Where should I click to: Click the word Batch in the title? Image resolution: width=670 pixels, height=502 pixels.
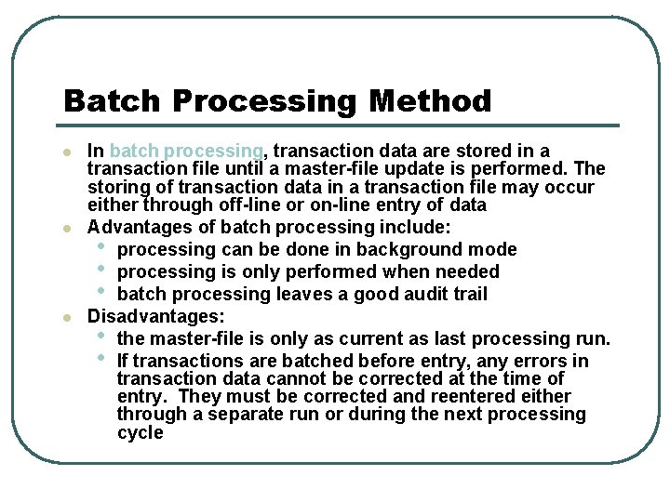(x=105, y=100)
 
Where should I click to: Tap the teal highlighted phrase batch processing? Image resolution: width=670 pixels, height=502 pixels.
(x=186, y=151)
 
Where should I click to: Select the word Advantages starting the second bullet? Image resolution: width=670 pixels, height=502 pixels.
(x=136, y=227)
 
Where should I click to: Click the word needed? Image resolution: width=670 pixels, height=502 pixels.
(x=466, y=271)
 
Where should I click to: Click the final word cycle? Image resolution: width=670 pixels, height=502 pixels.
(x=140, y=432)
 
